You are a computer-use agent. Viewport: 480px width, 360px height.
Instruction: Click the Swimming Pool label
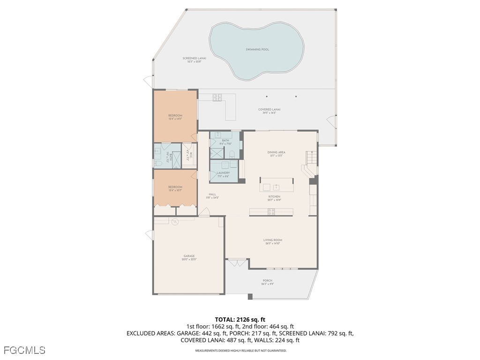257,49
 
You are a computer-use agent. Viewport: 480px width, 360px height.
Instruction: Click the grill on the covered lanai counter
217,97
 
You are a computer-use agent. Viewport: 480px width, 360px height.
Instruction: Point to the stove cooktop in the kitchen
271,211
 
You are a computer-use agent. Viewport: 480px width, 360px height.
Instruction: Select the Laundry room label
223,172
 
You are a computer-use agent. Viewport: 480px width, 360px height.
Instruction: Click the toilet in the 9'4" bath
232,154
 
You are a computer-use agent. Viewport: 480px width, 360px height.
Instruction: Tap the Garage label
189,256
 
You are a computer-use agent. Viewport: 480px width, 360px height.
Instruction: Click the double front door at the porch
237,263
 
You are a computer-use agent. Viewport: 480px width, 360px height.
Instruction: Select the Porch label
267,281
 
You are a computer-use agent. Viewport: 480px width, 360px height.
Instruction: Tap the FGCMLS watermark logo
24,350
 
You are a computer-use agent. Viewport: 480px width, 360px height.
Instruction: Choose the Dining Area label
276,152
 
